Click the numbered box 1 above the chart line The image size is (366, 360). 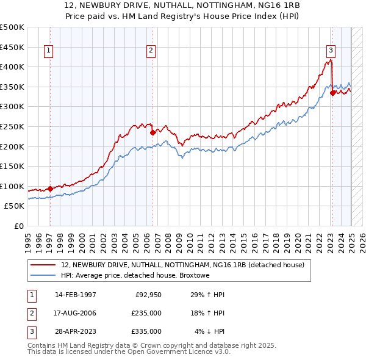coord(48,51)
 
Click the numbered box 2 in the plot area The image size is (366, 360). coord(150,51)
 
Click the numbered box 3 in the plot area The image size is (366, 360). coord(330,51)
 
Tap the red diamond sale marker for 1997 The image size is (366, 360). coord(50,189)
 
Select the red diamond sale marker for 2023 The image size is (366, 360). coord(332,93)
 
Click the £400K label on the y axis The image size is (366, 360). coord(12,67)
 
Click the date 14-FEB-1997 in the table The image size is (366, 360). coord(76,295)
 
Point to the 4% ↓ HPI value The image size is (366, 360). coord(210,332)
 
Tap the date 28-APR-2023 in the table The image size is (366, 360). coord(76,332)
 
